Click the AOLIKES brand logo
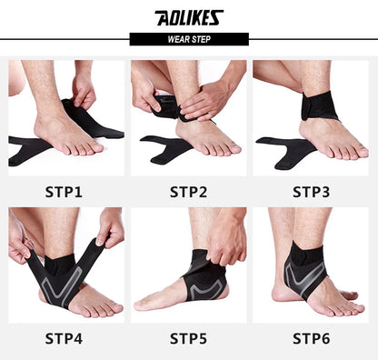click(189, 17)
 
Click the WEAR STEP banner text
click(189, 39)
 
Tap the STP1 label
click(64, 192)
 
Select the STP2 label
click(188, 192)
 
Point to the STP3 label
click(311, 192)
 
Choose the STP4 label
click(64, 338)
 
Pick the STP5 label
click(188, 338)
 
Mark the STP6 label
click(311, 338)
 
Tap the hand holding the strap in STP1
click(84, 89)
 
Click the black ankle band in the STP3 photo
click(320, 106)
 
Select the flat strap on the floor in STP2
click(165, 149)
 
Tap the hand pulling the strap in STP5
click(225, 239)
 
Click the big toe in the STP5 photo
click(143, 305)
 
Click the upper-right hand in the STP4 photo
click(110, 226)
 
